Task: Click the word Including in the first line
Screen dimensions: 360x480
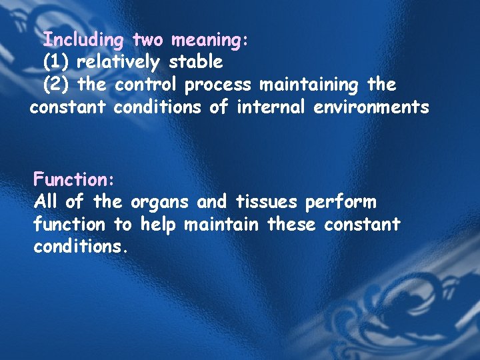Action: coord(83,41)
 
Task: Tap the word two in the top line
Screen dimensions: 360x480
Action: coord(147,40)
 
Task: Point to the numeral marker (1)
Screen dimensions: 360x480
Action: coord(56,63)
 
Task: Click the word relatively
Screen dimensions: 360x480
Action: coord(119,63)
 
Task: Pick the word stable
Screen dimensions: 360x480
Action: coord(195,62)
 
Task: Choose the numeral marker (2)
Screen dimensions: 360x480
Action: coord(56,85)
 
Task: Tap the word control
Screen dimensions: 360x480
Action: coord(146,85)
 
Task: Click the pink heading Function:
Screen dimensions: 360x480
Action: coord(75,179)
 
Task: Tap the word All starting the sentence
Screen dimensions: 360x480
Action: coord(45,201)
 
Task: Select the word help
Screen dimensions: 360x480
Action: coord(159,225)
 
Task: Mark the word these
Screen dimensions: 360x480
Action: coord(292,224)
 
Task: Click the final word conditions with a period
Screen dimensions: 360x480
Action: coord(80,247)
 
